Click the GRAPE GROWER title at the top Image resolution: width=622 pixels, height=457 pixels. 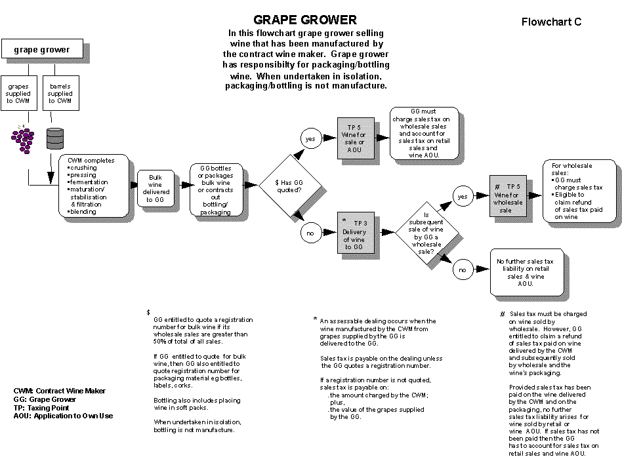point(305,20)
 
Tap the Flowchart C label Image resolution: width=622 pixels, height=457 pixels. point(551,22)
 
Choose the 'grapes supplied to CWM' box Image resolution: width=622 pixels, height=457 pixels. point(19,94)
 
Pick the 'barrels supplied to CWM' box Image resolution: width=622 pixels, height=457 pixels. point(60,94)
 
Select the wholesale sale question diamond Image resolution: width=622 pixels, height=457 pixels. point(426,233)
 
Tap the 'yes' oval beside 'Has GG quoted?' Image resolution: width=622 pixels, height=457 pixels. point(309,138)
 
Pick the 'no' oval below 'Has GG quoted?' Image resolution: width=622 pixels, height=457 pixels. point(309,231)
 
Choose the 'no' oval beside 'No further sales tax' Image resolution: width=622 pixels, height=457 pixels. point(462,269)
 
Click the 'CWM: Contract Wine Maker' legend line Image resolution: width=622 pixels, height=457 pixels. point(60,391)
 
